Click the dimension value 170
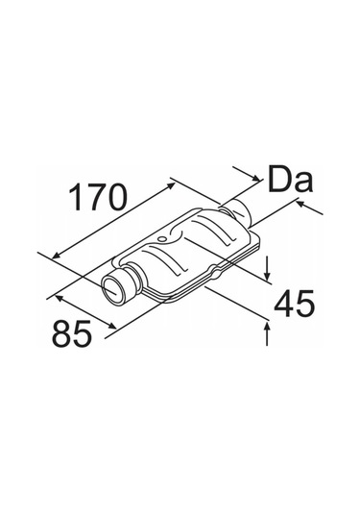97,197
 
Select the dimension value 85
71,333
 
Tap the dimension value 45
294,304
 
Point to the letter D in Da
279,179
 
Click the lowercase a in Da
303,182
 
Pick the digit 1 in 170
76,197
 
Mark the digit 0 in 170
115,197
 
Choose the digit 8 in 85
61,333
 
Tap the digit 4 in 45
283,304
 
